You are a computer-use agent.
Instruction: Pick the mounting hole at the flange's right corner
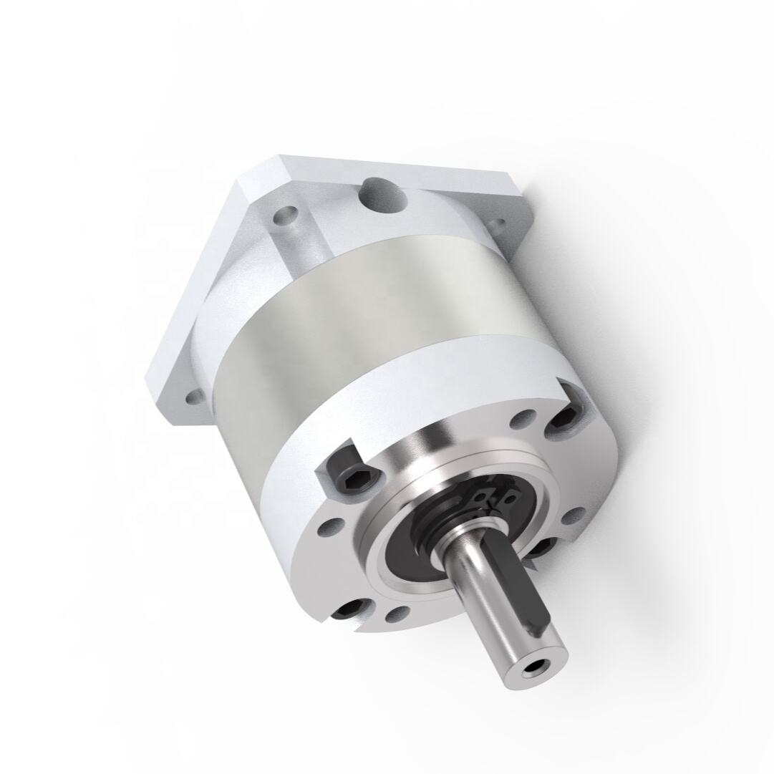click(497, 228)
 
